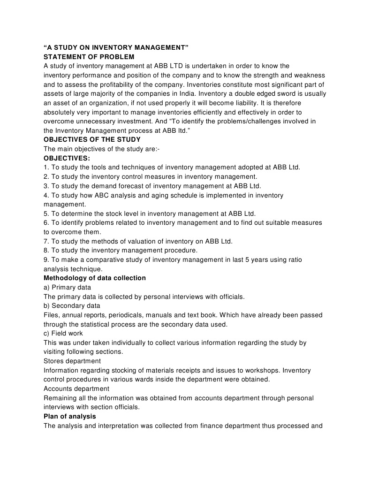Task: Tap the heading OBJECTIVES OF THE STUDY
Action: point(92,140)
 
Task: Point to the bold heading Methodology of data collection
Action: point(95,278)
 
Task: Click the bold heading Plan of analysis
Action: point(70,417)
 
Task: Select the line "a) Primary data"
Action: point(68,287)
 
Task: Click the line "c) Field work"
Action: point(63,334)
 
